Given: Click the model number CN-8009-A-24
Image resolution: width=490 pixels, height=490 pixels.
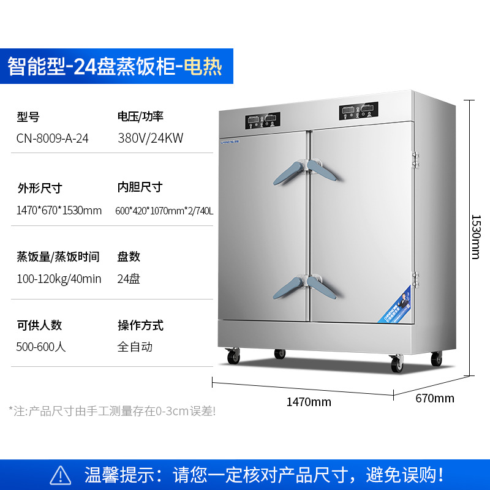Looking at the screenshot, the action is [x=53, y=138].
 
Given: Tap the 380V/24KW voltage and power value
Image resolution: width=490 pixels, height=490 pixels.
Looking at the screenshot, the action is [x=151, y=138].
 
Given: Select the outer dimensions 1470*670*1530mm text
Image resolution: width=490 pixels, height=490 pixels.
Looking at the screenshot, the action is [x=59, y=211].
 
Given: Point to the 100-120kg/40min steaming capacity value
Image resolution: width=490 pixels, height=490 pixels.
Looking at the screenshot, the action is [x=59, y=279].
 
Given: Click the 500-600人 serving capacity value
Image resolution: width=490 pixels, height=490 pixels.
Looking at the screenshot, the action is [x=41, y=347].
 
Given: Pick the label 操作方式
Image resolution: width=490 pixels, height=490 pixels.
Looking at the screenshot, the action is [x=140, y=325].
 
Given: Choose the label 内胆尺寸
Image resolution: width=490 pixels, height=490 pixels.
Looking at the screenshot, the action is [x=140, y=187].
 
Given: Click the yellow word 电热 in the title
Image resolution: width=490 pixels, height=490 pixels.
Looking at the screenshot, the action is [x=203, y=66].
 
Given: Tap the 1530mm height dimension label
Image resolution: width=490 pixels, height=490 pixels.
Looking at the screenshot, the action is [x=476, y=236].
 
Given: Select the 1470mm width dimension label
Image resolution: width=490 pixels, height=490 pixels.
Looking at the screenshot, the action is [x=309, y=402].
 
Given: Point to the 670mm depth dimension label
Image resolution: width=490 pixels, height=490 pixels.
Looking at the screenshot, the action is [x=435, y=399].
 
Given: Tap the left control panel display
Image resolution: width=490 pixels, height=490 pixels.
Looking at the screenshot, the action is [x=263, y=121].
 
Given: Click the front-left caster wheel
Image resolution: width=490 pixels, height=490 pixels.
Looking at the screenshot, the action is [x=233, y=356].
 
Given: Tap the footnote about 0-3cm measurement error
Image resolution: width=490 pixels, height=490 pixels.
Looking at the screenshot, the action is [x=112, y=411].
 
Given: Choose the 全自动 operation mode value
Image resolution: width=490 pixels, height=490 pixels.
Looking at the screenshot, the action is [x=135, y=347].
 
